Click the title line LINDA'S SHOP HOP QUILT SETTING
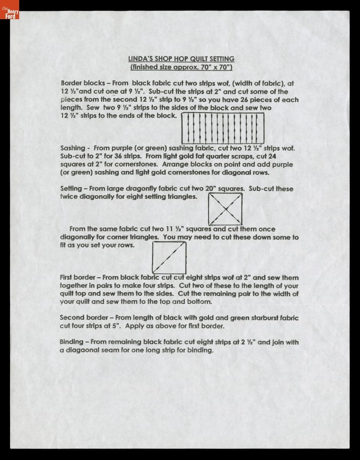coord(181,59)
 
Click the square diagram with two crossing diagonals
coord(225,209)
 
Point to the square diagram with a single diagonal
coord(169,258)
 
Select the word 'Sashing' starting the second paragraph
coord(73,148)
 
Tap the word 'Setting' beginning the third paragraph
coord(71,189)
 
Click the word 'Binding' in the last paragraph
coord(72,342)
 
